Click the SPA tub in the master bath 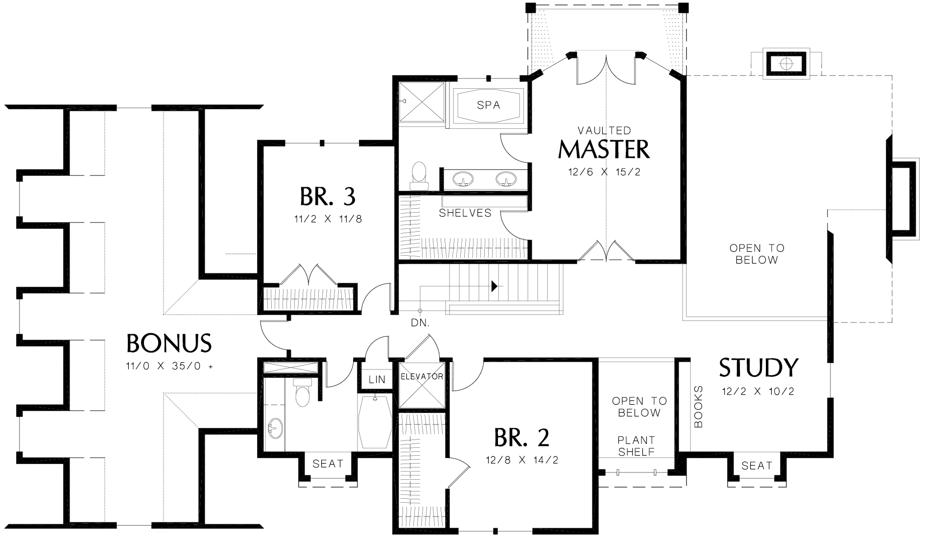tap(488, 105)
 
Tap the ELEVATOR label tap(422, 376)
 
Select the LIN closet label tap(377, 379)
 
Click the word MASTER tap(604, 149)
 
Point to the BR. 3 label tap(328, 196)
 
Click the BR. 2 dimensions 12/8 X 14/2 tap(522, 460)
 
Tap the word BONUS tap(169, 343)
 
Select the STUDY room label tap(758, 367)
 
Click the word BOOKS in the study tap(698, 407)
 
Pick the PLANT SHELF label tap(636, 446)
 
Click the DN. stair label tap(420, 323)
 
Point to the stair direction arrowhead tap(495, 286)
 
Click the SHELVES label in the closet tap(465, 213)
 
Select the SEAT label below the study tap(757, 465)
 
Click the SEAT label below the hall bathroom tap(328, 464)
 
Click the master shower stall tap(422, 102)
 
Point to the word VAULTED tap(604, 130)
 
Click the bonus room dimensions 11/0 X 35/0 tap(169, 366)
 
